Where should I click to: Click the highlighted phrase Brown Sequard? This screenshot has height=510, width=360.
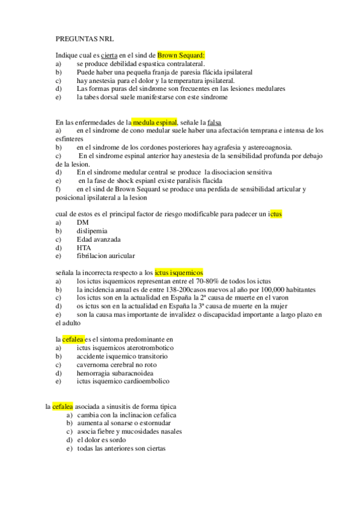coord(181,55)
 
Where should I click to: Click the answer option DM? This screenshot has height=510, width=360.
coord(82,222)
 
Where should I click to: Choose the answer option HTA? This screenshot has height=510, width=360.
coord(84,247)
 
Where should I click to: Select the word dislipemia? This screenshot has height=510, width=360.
coord(92,230)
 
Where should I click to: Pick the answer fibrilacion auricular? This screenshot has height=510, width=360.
coord(106,256)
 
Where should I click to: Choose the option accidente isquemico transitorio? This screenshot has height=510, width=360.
coord(122,356)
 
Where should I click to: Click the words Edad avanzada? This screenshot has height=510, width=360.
coord(98,239)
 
